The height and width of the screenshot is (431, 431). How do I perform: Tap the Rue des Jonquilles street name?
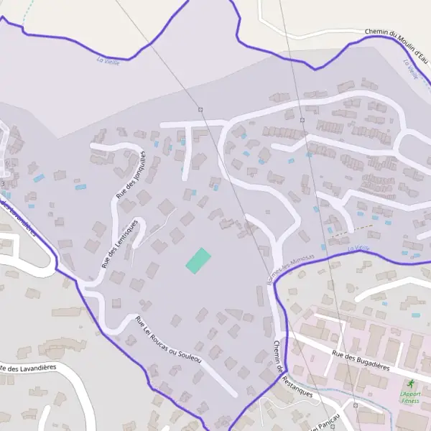click(131, 175)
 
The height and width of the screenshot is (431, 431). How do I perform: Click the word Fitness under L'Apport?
click(410, 401)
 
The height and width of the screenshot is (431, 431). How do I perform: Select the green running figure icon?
click(411, 385)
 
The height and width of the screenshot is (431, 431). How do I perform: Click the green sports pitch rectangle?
click(199, 259)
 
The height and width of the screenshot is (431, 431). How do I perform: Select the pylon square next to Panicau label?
click(356, 405)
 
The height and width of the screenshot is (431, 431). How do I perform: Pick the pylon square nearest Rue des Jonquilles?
click(201, 109)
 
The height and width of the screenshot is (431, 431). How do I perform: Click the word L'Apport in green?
click(410, 394)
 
